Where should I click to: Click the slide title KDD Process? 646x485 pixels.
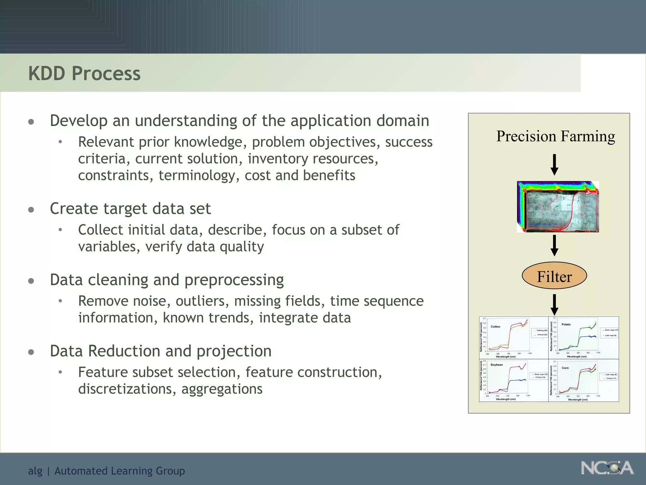pyautogui.click(x=84, y=74)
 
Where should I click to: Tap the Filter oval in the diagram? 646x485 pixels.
pyautogui.click(x=554, y=276)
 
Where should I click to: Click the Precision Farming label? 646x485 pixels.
pyautogui.click(x=555, y=136)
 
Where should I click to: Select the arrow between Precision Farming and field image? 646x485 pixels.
pyautogui.click(x=554, y=165)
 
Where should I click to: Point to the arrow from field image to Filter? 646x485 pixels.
pyautogui.click(x=554, y=246)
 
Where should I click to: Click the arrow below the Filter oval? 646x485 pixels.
pyautogui.click(x=554, y=305)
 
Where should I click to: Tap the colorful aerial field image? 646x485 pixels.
pyautogui.click(x=558, y=207)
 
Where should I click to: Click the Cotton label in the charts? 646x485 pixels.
pyautogui.click(x=495, y=326)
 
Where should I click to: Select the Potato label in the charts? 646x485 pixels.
pyautogui.click(x=566, y=324)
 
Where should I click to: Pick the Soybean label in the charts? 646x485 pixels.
pyautogui.click(x=496, y=365)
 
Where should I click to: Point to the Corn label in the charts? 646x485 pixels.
pyautogui.click(x=565, y=368)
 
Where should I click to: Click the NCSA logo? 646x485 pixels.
pyautogui.click(x=607, y=468)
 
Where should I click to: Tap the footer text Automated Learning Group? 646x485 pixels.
pyautogui.click(x=120, y=471)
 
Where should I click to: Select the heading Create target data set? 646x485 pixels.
pyautogui.click(x=130, y=209)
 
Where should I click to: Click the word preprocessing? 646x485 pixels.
pyautogui.click(x=234, y=280)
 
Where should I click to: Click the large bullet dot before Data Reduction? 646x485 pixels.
pyautogui.click(x=31, y=352)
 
